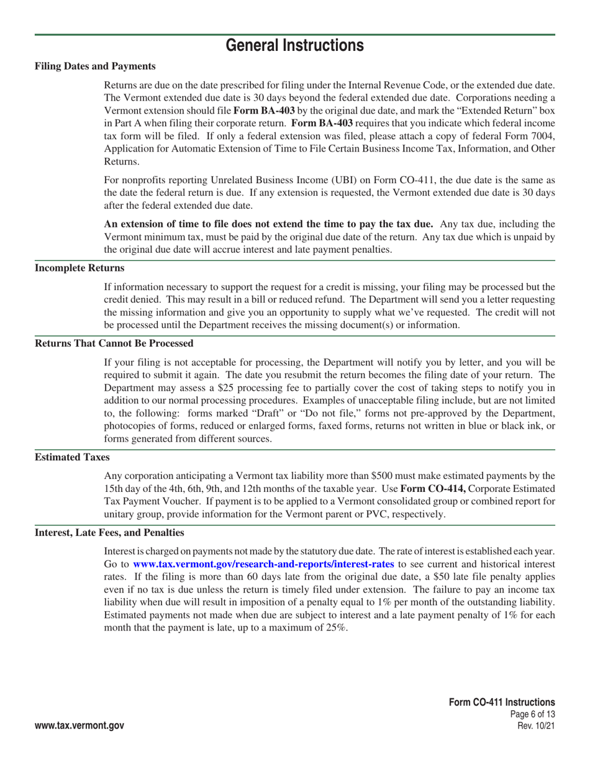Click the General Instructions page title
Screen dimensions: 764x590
point(294,45)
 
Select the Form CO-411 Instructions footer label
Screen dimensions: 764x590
point(502,702)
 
